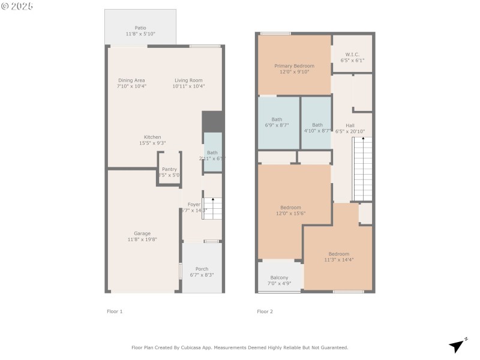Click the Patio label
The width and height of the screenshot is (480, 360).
click(140, 28)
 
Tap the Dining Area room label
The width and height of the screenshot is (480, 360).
click(131, 80)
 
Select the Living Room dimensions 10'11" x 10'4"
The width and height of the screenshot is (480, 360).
click(188, 86)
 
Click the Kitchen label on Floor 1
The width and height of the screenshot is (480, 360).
click(152, 137)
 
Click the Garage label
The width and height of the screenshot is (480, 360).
click(142, 233)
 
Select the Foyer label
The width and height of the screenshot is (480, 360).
click(193, 204)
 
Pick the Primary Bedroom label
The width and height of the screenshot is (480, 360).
click(294, 66)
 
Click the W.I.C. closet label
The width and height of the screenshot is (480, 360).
click(352, 55)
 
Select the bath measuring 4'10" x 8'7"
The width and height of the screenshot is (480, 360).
click(317, 125)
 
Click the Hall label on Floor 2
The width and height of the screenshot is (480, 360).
click(350, 125)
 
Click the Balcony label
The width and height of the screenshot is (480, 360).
click(279, 277)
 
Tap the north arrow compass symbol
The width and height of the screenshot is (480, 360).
click(457, 346)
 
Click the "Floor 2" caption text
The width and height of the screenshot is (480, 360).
click(265, 311)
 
